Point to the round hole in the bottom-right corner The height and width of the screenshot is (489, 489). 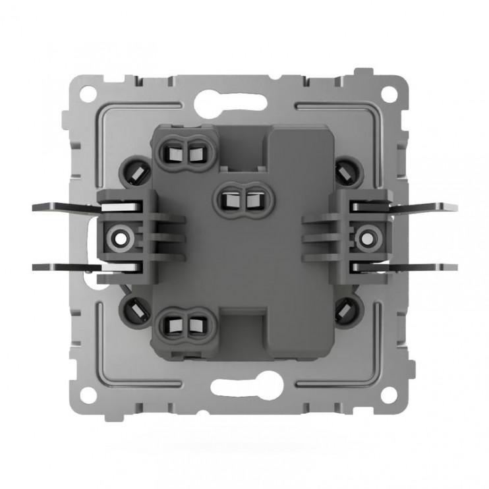coord(389,395)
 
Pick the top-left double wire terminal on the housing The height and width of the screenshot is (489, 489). coord(184,153)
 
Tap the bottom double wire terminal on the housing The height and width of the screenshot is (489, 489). coord(184,323)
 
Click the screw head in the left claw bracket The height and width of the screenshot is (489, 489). coord(121,234)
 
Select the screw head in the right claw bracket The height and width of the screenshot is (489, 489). coord(368,234)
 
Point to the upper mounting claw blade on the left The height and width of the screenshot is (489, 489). coord(66,206)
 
